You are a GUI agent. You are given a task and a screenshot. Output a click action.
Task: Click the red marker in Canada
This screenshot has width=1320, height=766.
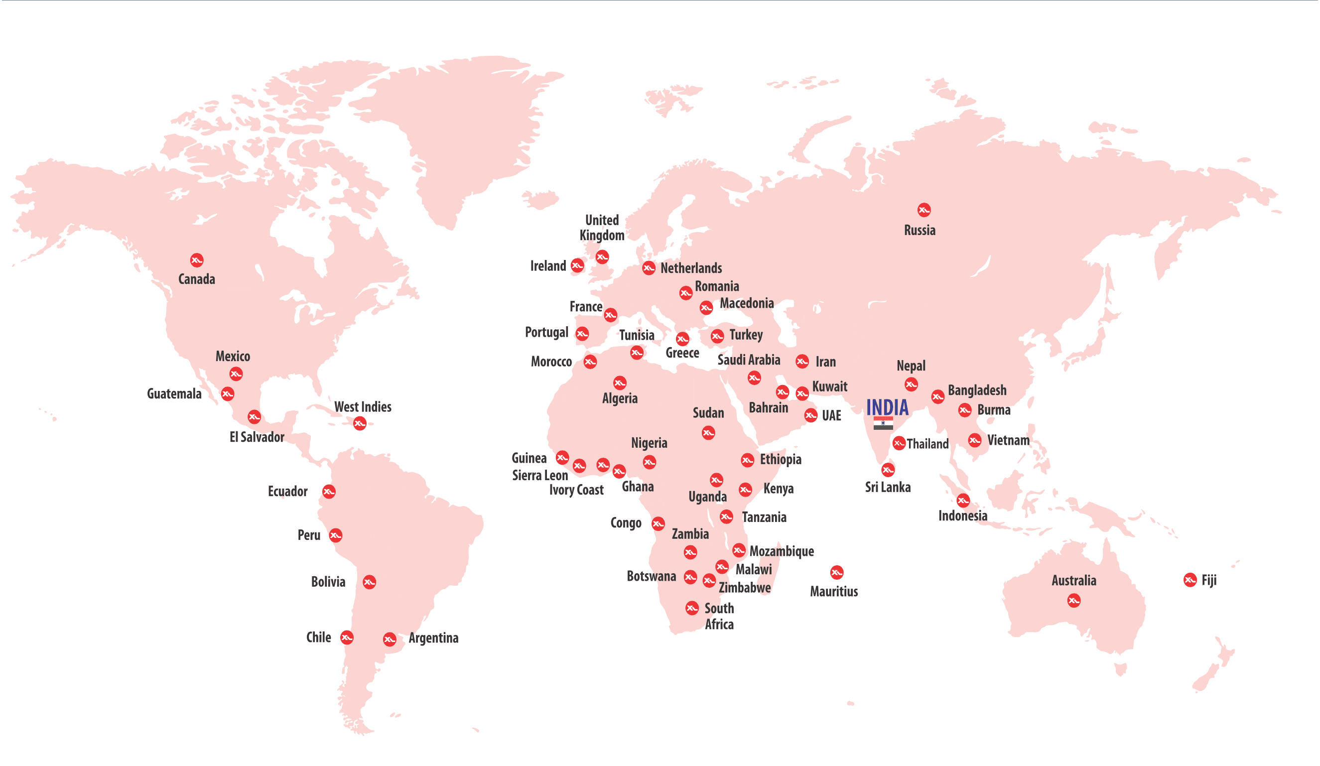point(196,260)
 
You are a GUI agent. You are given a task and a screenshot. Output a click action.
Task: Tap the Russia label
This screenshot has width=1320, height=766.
point(920,231)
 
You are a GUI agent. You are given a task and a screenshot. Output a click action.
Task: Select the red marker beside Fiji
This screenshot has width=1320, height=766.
point(1189,580)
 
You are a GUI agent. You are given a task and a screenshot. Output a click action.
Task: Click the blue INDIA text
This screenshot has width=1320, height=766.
point(887,407)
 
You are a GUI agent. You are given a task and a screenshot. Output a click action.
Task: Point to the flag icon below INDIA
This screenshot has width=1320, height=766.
point(883,423)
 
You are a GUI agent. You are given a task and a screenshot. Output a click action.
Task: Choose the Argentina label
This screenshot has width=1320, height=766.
point(433,638)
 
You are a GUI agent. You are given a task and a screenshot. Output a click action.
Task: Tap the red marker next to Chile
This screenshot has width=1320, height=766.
point(347,637)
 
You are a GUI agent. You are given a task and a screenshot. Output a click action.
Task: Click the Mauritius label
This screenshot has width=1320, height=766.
point(833,592)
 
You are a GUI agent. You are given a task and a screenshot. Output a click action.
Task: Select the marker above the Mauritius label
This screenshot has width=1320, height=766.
point(836,572)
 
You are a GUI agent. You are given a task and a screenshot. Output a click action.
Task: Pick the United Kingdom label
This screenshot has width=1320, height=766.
point(602,228)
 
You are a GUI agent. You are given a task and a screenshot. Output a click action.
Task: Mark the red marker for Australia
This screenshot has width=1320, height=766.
point(1073,601)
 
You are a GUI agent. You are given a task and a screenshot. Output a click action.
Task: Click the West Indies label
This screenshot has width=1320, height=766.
point(363,407)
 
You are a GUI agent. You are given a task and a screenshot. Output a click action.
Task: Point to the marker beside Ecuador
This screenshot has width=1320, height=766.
point(328,492)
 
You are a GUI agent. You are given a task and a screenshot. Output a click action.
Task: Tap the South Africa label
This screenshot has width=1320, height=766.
point(719,616)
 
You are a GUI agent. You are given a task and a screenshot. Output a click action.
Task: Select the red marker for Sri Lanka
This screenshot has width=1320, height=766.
point(887,470)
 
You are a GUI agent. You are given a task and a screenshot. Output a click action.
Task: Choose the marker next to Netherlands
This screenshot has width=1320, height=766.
point(649,268)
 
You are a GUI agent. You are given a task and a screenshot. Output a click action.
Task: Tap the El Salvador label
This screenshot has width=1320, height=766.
point(257,437)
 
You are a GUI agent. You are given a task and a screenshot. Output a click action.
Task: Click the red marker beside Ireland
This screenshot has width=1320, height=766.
point(577,265)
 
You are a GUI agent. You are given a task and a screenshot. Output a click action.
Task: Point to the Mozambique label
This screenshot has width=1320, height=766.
point(781,551)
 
